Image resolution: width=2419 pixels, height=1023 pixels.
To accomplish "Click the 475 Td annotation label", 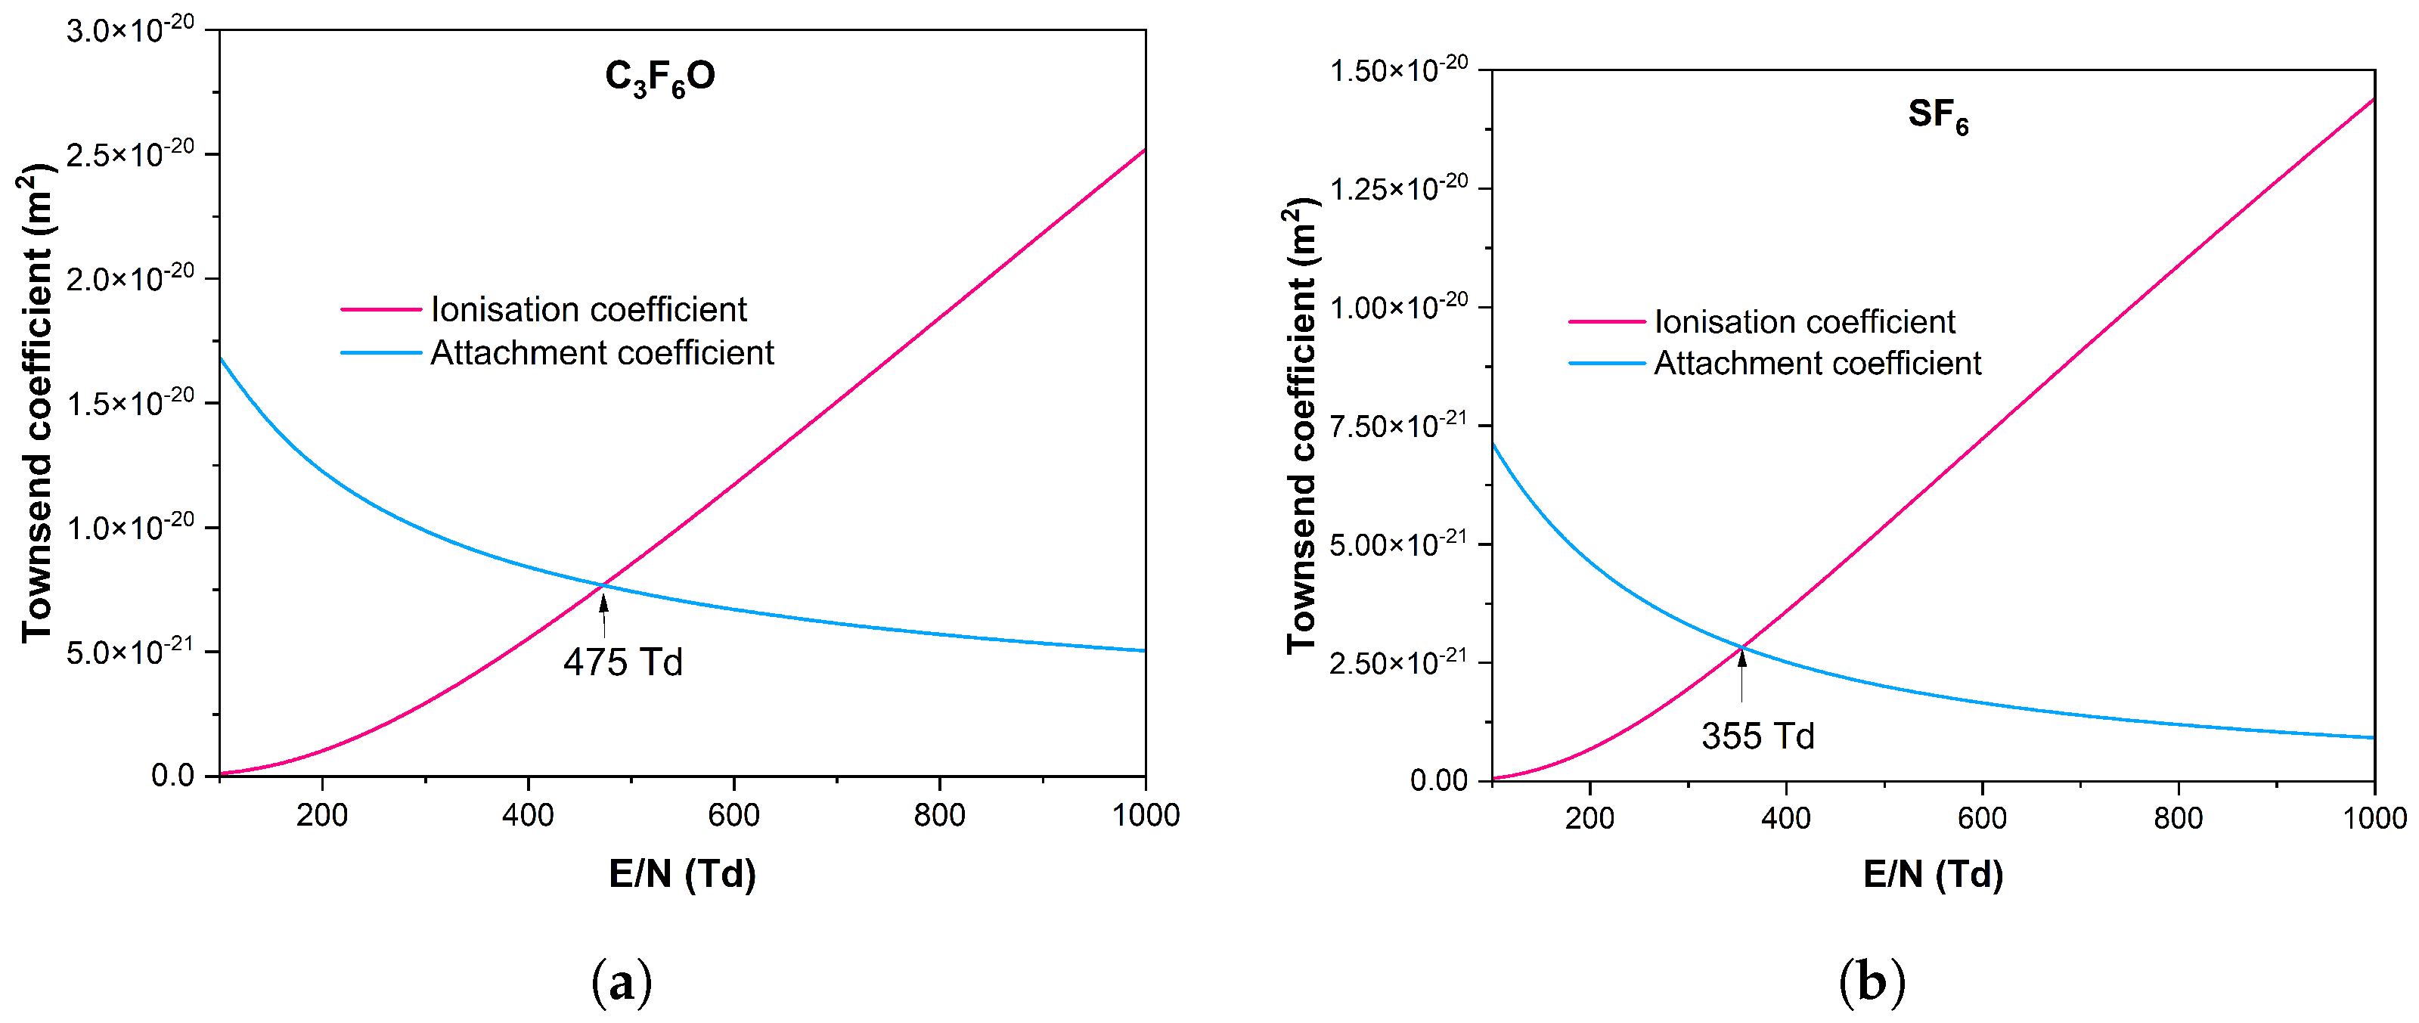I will pos(622,662).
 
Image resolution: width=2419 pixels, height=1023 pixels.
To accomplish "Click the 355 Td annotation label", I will pos(1757,736).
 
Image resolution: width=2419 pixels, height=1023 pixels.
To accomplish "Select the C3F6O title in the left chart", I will pos(659,77).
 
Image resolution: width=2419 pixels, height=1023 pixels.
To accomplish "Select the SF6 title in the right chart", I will pos(1937,116).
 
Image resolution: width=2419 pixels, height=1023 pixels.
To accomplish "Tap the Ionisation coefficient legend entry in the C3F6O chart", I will pos(588,310).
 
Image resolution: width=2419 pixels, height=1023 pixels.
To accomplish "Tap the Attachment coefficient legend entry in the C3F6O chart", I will pos(601,353).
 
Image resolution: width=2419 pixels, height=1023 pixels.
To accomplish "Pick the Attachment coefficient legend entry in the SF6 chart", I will pos(1816,363).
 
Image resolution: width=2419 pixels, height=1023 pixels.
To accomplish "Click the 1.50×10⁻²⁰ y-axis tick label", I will pos(1398,70).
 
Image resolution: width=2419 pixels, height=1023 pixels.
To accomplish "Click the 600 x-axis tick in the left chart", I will pos(733,814).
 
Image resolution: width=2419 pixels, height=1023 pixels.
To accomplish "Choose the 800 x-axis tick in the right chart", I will pos(2178,818).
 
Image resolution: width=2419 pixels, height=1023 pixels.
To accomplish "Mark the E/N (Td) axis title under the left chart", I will pos(682,875).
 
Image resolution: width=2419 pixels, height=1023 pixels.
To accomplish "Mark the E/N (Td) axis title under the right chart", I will pos(1933,875).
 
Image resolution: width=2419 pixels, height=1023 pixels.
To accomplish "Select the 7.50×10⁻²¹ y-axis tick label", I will pos(1398,425).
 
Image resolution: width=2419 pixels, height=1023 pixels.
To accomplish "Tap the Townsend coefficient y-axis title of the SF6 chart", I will pos(1301,427).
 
